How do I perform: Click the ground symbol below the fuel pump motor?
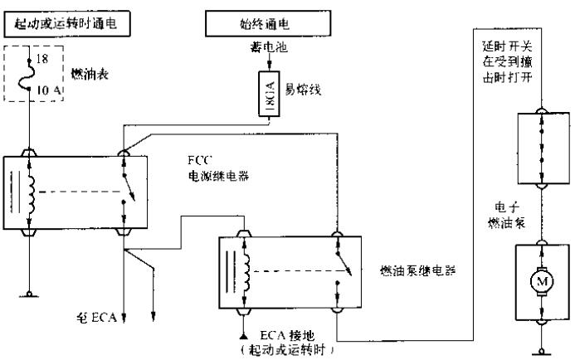tap(539, 343)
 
